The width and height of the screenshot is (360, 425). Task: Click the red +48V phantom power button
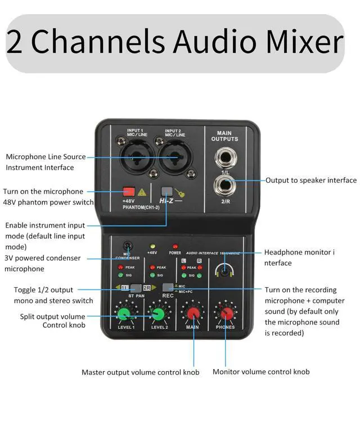coord(129,192)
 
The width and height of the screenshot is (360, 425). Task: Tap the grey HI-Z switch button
coord(166,192)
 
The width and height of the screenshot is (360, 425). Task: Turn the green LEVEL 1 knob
coord(125,314)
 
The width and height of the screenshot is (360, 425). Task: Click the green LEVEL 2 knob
coord(159,314)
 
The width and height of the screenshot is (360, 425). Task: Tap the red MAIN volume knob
coord(192,314)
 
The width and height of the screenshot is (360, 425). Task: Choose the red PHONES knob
coord(226,314)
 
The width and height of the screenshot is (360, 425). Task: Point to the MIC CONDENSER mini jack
coord(129,246)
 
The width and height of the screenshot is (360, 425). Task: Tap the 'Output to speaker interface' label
coord(311,180)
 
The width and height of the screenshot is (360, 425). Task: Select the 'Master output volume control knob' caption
coord(140,372)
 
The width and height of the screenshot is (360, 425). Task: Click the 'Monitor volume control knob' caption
coord(261,372)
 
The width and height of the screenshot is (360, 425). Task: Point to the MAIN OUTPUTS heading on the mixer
coord(224,136)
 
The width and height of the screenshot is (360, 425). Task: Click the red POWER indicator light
coord(175,247)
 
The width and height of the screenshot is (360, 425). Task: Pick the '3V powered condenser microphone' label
coord(42,263)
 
